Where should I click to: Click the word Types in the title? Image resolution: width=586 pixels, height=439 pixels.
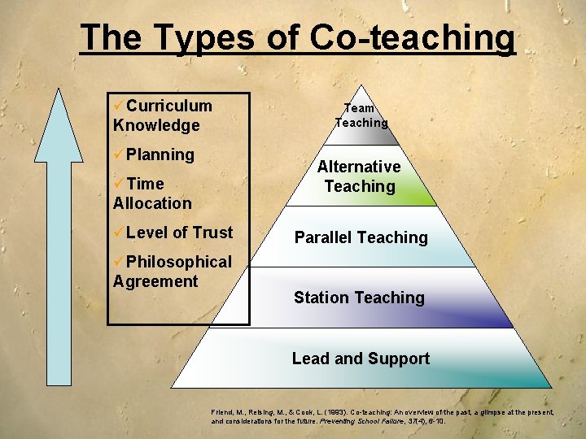186,38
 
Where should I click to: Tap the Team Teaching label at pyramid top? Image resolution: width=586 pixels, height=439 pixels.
361,115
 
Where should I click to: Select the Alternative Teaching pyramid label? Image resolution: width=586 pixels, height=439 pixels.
359,176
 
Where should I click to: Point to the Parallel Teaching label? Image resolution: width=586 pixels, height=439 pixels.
361,237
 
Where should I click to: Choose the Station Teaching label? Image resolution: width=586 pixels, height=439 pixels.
359,298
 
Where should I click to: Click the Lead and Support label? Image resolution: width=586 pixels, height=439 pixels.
361,359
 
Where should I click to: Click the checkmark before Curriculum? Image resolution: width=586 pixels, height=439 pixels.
119,106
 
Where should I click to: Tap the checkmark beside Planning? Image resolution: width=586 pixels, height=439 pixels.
119,154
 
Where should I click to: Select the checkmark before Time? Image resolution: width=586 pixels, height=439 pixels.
119,184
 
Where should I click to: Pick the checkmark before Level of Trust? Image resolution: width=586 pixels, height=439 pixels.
119,233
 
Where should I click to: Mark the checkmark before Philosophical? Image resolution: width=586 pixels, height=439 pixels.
119,262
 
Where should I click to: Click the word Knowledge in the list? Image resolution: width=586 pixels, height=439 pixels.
156,125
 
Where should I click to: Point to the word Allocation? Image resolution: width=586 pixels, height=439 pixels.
152,203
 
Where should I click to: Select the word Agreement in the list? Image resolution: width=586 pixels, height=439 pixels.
155,281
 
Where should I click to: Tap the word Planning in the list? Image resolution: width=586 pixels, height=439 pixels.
160,154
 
